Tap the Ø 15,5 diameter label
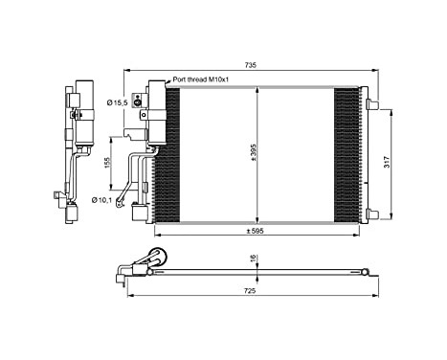(118, 101)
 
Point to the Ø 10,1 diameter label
(102, 199)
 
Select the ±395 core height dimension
(253, 154)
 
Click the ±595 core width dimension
(254, 230)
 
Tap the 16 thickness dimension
(252, 259)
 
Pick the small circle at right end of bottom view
(364, 273)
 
